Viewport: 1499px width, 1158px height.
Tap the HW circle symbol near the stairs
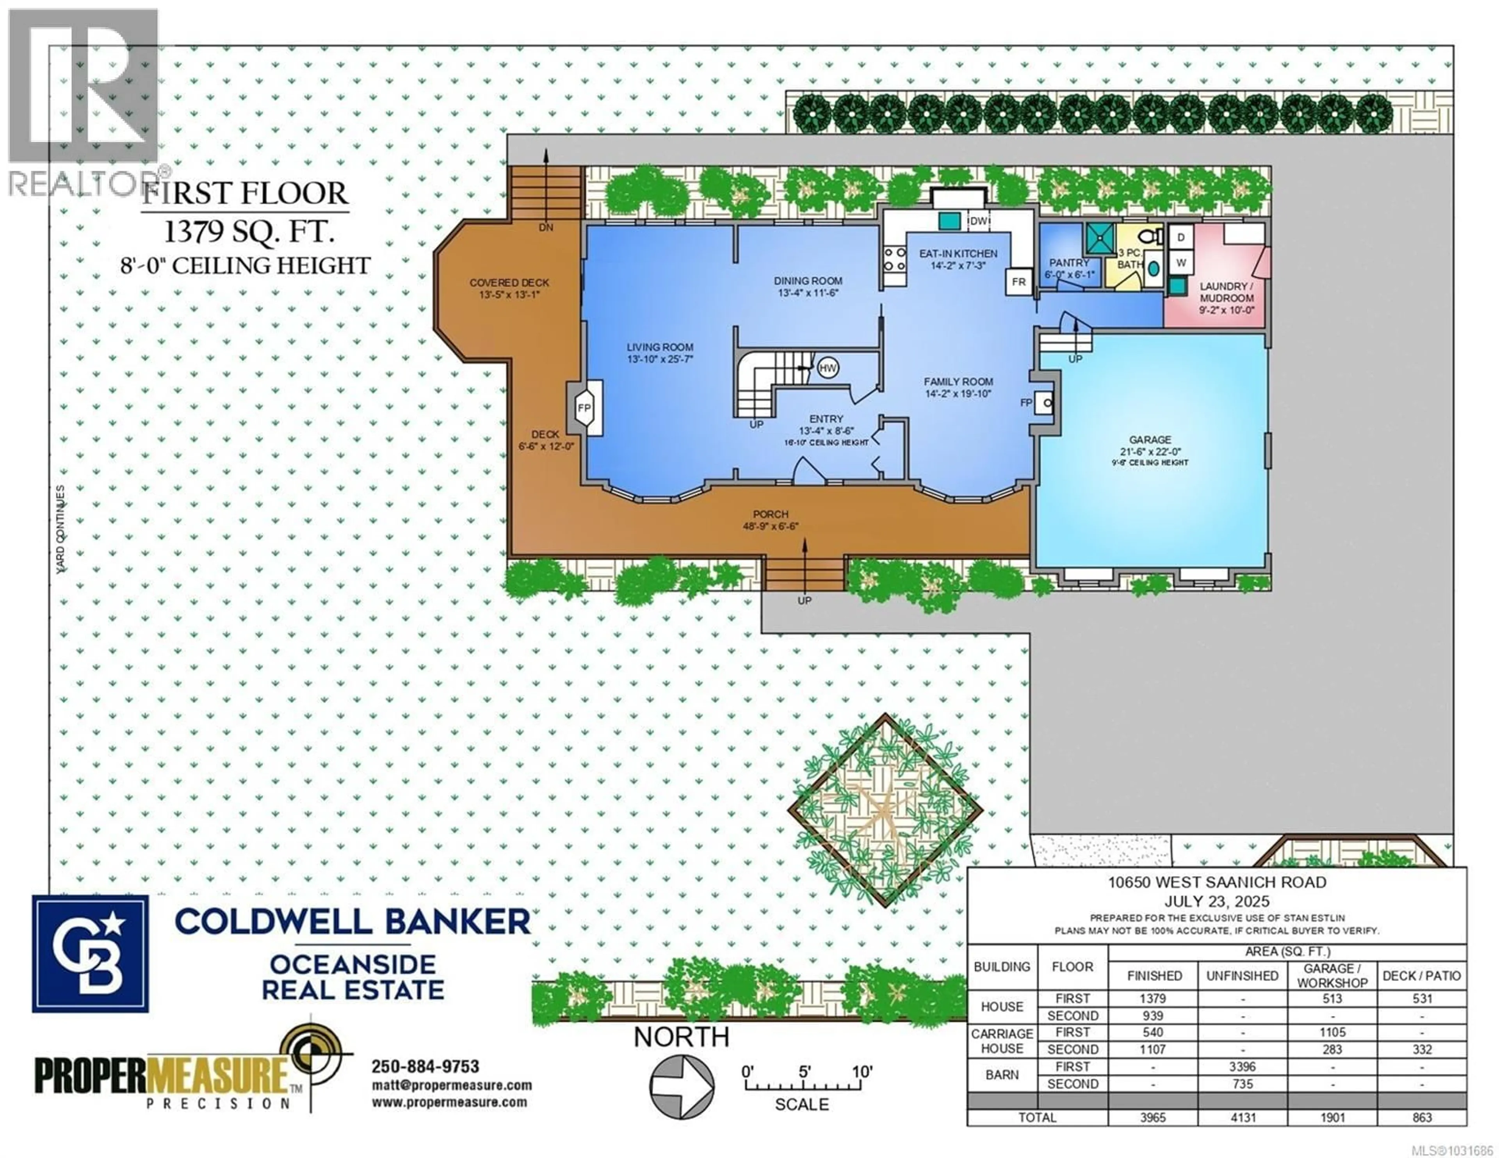pyautogui.click(x=827, y=368)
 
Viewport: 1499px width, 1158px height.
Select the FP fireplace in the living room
pyautogui.click(x=584, y=408)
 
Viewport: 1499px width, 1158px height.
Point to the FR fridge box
pyautogui.click(x=1018, y=282)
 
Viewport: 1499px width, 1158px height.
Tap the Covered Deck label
pyautogui.click(x=509, y=283)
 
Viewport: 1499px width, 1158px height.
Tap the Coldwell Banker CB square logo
pyautogui.click(x=90, y=953)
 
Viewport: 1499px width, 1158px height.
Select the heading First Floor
pyautogui.click(x=245, y=194)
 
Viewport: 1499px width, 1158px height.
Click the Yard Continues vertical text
pyautogui.click(x=61, y=528)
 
